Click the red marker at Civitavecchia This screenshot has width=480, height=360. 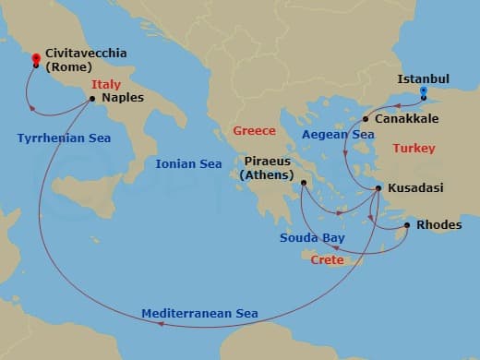tap(35, 57)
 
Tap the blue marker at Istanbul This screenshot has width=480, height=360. tap(424, 91)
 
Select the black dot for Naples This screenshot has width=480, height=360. tap(92, 98)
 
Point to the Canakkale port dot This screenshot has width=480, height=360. tap(366, 119)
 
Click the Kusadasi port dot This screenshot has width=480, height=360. tap(378, 189)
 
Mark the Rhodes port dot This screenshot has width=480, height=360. tap(407, 224)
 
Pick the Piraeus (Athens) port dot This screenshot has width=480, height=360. tap(303, 184)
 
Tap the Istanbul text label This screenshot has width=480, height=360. tap(423, 79)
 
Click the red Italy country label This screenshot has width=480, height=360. tap(106, 84)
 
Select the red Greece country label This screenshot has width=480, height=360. tap(255, 130)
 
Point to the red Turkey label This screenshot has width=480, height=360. tap(413, 148)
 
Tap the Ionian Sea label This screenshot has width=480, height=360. tap(189, 163)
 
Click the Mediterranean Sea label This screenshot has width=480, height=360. tap(200, 312)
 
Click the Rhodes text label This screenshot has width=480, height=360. tap(439, 224)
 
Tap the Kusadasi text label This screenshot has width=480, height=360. tap(414, 188)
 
